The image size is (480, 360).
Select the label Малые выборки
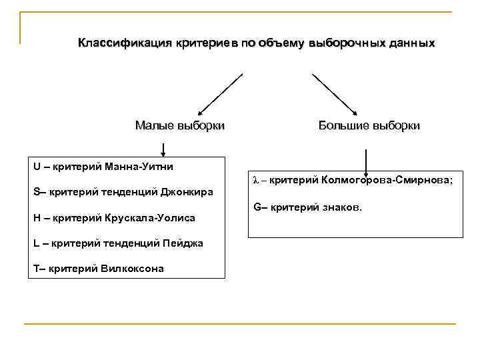[179, 125]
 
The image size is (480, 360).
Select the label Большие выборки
[369, 125]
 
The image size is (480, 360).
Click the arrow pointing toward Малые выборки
[220, 94]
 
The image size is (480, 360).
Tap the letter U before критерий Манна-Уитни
[37, 166]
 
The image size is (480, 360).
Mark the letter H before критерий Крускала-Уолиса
[37, 217]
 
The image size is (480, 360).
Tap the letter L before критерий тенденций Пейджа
[36, 243]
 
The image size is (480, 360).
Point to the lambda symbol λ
[256, 180]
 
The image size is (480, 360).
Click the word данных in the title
[411, 43]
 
